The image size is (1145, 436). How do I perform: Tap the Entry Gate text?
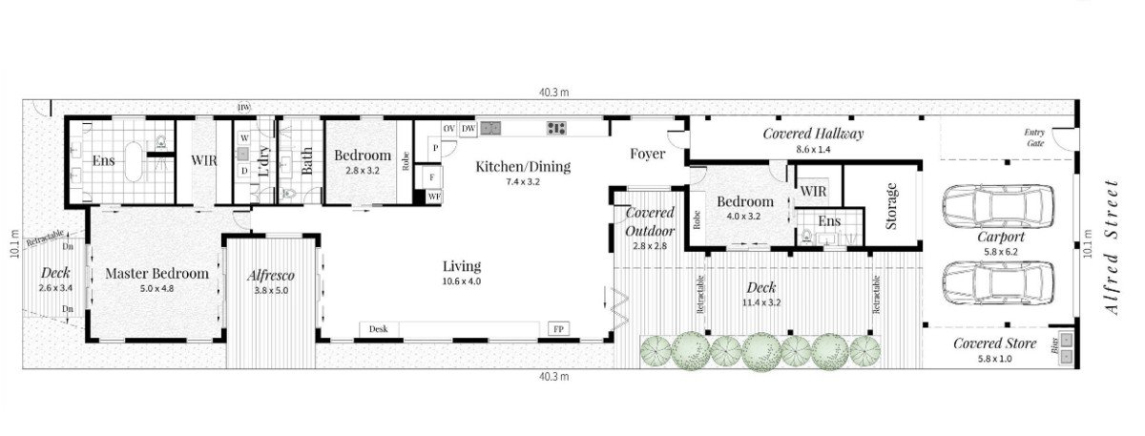click(1034, 137)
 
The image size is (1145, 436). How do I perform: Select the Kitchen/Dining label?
click(523, 166)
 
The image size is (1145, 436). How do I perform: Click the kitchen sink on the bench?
click(490, 128)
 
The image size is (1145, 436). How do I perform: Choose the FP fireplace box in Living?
click(558, 329)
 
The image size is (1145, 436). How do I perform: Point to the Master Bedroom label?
click(156, 273)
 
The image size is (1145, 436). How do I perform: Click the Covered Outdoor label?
click(650, 221)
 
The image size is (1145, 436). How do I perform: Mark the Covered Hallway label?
click(813, 134)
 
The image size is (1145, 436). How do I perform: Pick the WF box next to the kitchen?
click(434, 197)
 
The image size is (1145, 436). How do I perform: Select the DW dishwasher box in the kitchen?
click(468, 128)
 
